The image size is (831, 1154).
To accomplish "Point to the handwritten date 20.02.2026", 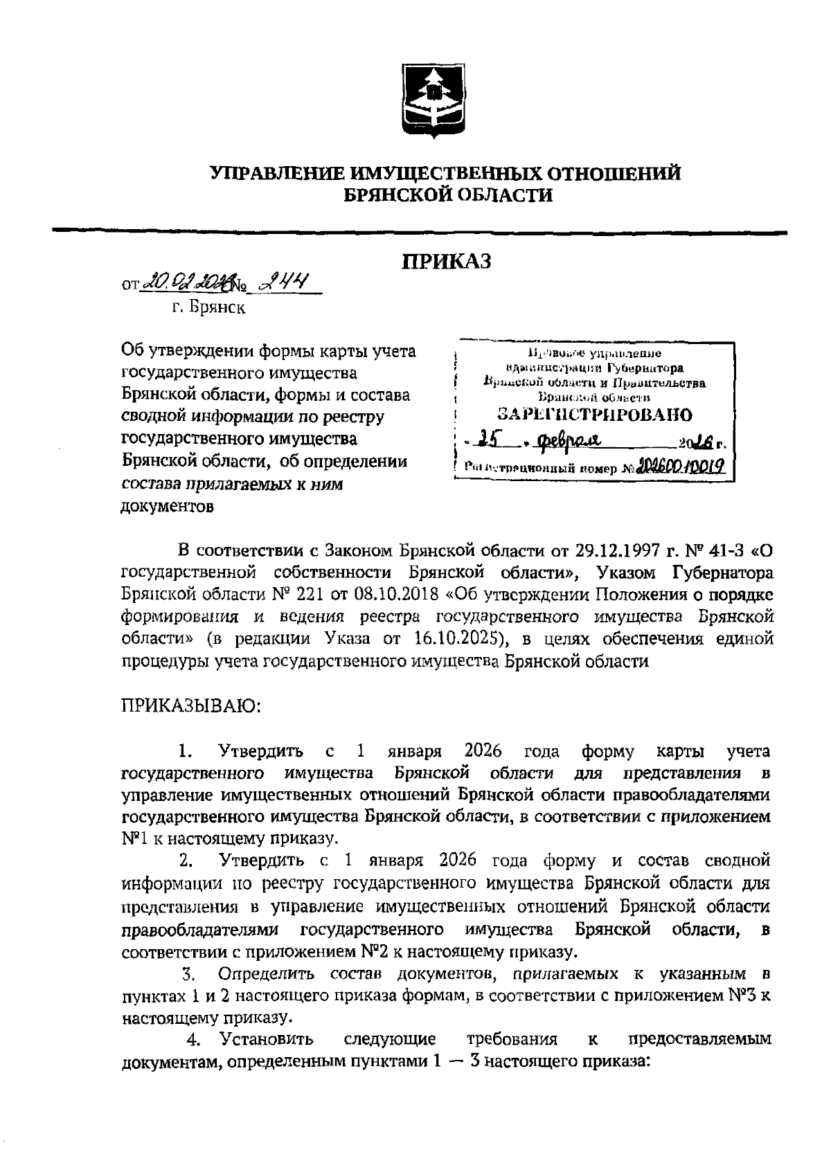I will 184,282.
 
